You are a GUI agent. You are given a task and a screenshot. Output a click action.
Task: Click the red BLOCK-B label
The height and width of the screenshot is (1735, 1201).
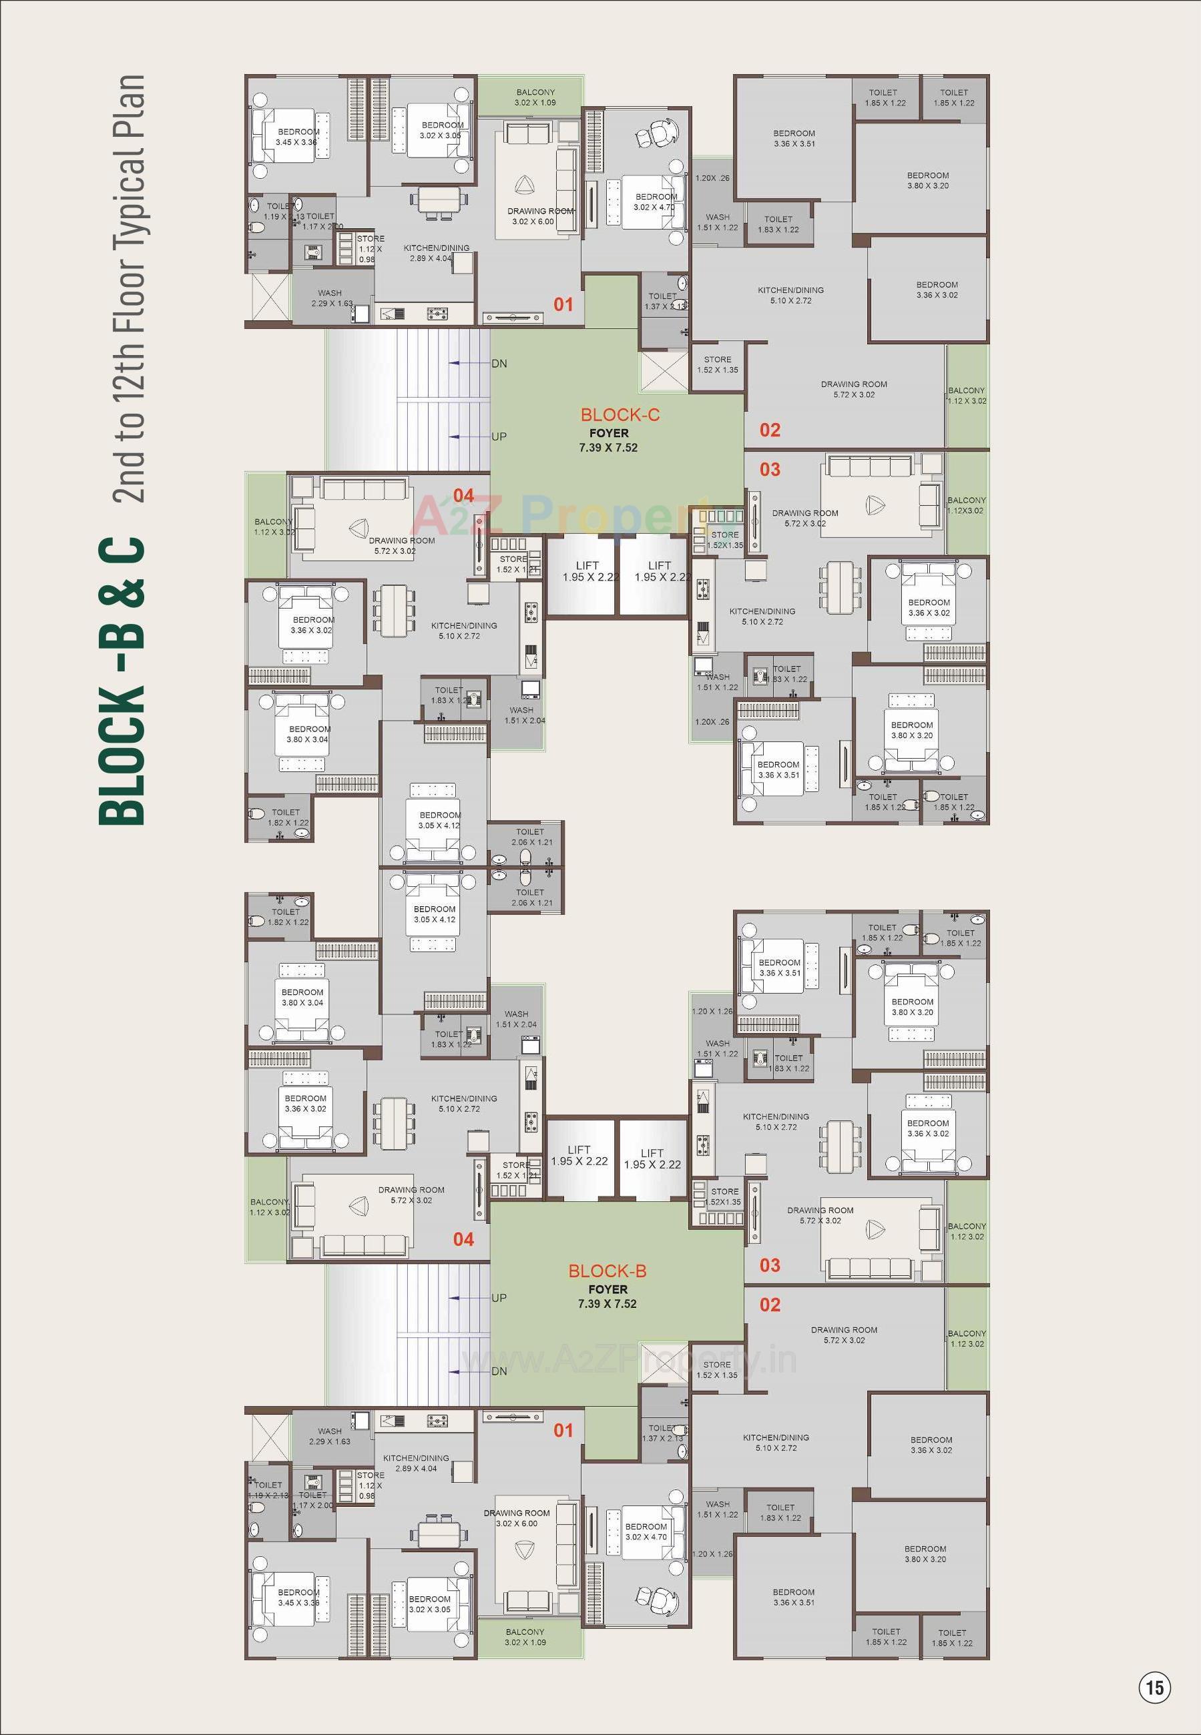(x=608, y=1271)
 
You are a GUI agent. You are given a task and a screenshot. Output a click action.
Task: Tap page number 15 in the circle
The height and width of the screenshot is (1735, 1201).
(x=1155, y=1687)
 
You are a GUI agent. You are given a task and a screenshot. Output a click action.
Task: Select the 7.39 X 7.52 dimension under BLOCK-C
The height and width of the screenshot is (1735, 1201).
(x=608, y=448)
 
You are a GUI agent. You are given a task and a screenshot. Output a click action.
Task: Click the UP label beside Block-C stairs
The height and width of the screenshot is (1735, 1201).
(x=499, y=436)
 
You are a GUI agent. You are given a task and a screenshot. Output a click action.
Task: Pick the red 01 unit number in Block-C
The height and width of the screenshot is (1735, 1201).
(x=563, y=304)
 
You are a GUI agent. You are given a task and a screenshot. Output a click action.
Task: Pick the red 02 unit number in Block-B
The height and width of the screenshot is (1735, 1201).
(x=770, y=1304)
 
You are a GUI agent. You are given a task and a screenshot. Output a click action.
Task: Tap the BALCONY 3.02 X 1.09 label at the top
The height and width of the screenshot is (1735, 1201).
(x=535, y=97)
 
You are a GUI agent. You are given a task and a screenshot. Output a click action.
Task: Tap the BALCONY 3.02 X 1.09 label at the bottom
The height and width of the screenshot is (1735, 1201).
(x=525, y=1636)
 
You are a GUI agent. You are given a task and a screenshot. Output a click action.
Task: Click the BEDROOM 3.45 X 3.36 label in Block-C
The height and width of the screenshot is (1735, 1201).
(x=297, y=137)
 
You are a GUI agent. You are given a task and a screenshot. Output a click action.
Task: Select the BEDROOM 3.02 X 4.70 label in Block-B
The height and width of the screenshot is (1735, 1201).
(x=646, y=1531)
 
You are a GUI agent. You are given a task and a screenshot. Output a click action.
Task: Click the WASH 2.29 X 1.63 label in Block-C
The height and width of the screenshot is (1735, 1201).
(x=331, y=298)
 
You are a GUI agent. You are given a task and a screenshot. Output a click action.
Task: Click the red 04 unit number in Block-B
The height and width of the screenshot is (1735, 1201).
(x=463, y=1239)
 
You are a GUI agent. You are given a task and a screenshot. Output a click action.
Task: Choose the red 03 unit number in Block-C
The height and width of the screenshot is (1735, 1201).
(x=770, y=469)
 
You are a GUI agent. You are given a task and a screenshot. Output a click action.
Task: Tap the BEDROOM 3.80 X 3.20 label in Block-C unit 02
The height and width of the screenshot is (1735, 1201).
(x=927, y=180)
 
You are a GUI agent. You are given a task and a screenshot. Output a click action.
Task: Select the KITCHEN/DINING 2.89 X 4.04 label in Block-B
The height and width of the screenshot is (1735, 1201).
(x=415, y=1463)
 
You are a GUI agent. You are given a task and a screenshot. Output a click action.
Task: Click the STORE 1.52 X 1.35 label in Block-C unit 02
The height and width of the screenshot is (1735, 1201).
(x=717, y=365)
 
